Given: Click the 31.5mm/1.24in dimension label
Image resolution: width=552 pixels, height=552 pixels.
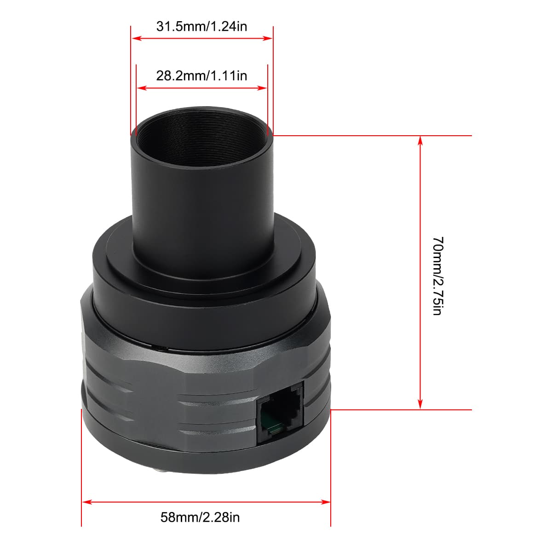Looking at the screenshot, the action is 201,26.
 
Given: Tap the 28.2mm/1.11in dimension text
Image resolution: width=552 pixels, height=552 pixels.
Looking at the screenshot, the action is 201,76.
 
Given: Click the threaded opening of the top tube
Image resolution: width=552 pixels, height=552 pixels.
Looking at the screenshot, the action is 201,138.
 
